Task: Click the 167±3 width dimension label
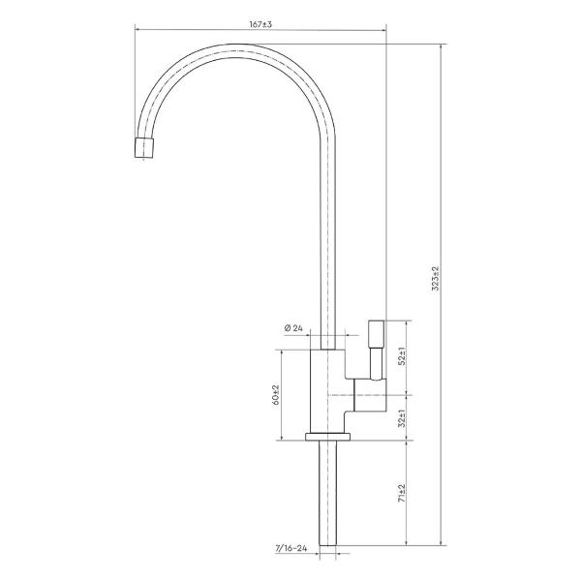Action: [260, 24]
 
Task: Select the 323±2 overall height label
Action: [436, 278]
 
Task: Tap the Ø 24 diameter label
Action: [293, 328]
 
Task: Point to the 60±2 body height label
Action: [276, 394]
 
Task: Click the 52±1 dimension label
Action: [403, 356]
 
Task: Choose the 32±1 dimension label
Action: [403, 418]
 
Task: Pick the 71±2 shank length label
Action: [403, 493]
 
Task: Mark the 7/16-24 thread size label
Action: [291, 548]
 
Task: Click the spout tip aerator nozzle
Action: [144, 147]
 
